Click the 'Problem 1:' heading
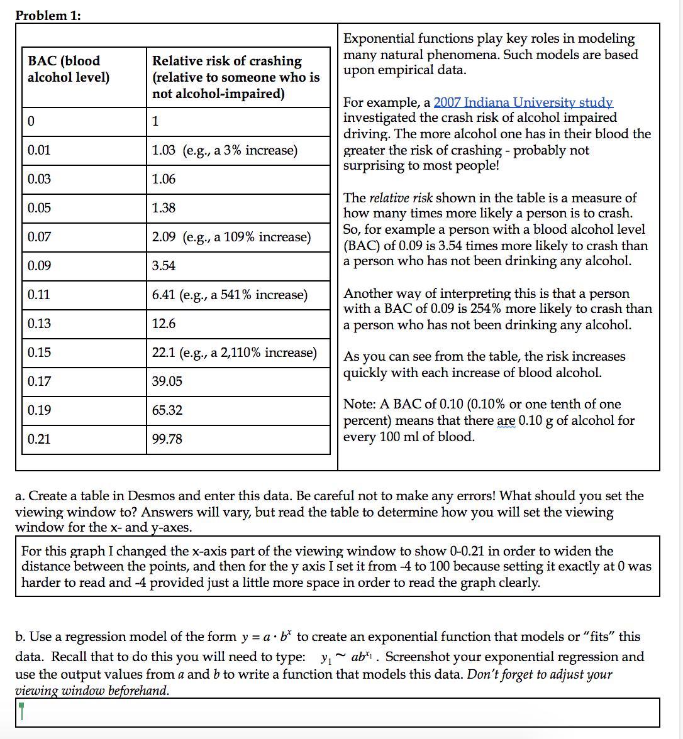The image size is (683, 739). point(48,16)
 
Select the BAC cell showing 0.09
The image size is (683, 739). point(39,266)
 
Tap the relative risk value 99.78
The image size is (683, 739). point(167,439)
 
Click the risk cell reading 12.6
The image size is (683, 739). point(164,324)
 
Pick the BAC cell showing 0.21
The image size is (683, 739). point(39,439)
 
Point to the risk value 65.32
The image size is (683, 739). point(167,410)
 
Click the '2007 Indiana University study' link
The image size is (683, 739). point(523,102)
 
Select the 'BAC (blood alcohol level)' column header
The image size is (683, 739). point(68,69)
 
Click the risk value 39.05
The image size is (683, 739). point(167,381)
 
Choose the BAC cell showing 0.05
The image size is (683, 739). point(39,208)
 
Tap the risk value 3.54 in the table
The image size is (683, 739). point(164,266)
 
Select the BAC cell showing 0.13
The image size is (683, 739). point(39,324)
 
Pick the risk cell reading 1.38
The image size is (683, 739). point(164,208)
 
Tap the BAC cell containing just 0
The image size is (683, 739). point(31,122)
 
